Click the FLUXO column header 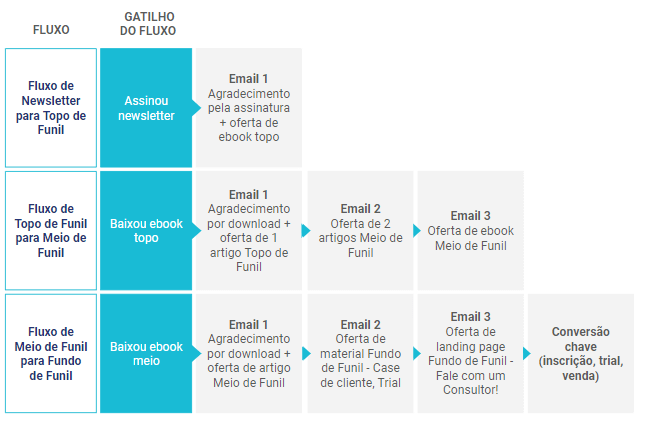(51, 30)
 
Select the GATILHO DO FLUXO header (148, 23)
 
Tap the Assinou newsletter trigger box (146, 108)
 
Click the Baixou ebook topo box (146, 230)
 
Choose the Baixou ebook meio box (146, 354)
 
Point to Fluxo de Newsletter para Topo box (51, 108)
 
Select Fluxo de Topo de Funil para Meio (51, 230)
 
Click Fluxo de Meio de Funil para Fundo (51, 354)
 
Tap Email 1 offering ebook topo (249, 108)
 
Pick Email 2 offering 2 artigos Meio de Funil (360, 230)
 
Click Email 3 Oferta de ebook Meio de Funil (471, 230)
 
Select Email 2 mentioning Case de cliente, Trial (360, 354)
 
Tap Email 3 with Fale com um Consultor (471, 354)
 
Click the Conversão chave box (581, 354)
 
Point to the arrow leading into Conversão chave (527, 354)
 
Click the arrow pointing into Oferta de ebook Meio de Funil (417, 230)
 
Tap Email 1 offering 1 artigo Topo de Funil (249, 230)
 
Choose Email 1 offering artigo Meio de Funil (249, 354)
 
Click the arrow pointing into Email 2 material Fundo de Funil (306, 354)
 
